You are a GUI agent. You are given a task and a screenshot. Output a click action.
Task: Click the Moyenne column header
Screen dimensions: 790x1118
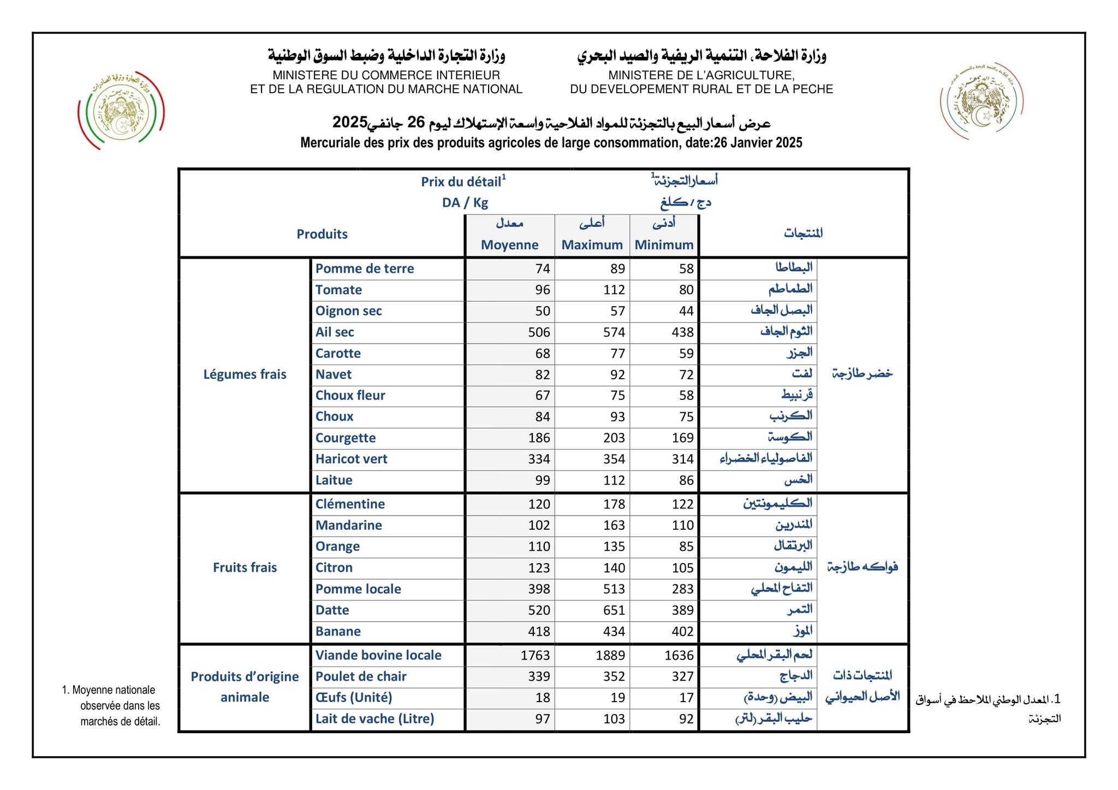pyautogui.click(x=509, y=244)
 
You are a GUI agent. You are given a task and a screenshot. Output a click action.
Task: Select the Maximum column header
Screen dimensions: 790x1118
pyautogui.click(x=592, y=244)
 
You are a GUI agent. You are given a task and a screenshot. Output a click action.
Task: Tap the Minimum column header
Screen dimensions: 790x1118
pyautogui.click(x=664, y=244)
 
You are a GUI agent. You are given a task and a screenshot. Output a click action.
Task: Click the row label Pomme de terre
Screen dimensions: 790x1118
pyautogui.click(x=364, y=268)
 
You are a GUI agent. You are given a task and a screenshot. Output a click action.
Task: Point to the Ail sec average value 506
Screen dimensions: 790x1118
pyautogui.click(x=539, y=332)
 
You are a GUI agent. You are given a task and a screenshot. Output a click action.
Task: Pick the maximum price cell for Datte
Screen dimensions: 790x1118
pyautogui.click(x=614, y=610)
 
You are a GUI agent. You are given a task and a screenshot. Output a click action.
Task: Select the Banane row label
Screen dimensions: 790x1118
pyautogui.click(x=338, y=631)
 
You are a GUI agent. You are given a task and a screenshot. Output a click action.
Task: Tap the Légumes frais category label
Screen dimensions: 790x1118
pyautogui.click(x=245, y=374)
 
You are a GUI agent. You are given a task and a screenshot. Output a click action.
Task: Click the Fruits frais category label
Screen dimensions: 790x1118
pyautogui.click(x=245, y=567)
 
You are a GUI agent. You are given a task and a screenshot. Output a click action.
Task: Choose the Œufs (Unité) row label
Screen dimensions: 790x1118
pyautogui.click(x=353, y=697)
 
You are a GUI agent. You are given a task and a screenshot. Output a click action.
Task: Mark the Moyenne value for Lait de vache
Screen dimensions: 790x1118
pyautogui.click(x=542, y=719)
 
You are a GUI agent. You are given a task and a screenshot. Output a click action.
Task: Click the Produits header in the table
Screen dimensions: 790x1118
pyautogui.click(x=322, y=234)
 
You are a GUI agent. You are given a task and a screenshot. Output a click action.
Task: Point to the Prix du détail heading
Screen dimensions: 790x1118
pyautogui.click(x=463, y=182)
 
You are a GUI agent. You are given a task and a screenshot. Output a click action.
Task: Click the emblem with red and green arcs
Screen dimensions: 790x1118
pyautogui.click(x=121, y=110)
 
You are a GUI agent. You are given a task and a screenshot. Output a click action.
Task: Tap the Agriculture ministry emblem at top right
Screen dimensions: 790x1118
pyautogui.click(x=981, y=101)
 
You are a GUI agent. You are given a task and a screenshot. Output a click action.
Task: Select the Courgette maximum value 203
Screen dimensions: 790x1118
pyautogui.click(x=614, y=438)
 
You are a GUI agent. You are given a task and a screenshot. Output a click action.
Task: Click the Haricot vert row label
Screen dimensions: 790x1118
pyautogui.click(x=351, y=459)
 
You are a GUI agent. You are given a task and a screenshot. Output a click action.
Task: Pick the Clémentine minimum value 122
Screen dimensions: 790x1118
pyautogui.click(x=682, y=504)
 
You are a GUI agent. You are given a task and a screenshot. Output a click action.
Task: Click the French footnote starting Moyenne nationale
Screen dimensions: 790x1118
pyautogui.click(x=112, y=705)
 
